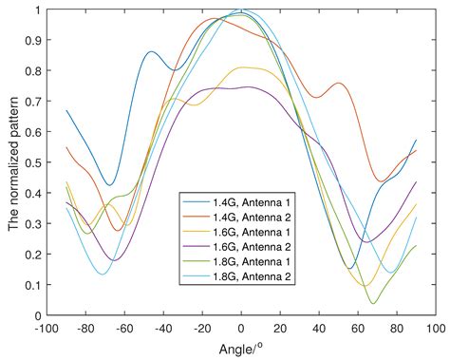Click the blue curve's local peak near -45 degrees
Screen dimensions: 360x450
pyautogui.click(x=152, y=52)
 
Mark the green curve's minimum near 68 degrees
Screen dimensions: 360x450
pyautogui.click(x=372, y=303)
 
